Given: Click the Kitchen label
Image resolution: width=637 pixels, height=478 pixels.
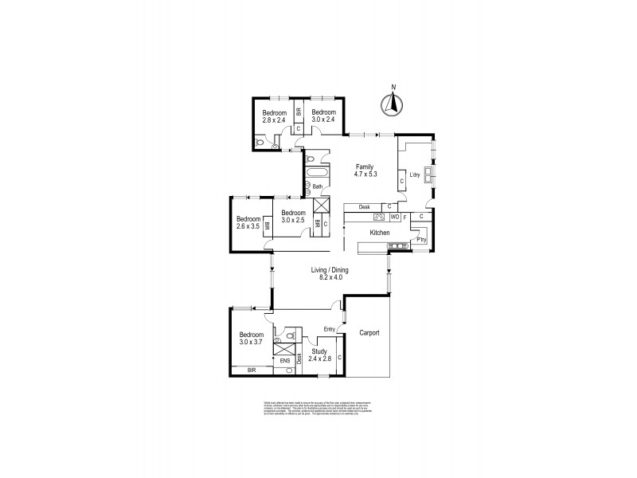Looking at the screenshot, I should (x=379, y=233).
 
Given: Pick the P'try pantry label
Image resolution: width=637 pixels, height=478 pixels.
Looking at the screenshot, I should (x=421, y=240).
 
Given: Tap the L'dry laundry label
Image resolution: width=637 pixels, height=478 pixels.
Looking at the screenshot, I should (x=414, y=174).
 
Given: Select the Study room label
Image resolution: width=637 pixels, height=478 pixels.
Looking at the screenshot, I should (x=319, y=351).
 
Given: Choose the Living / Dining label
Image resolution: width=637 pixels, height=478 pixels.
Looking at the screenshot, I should (x=330, y=271).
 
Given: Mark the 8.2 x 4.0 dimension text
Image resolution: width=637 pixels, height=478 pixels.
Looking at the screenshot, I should (x=330, y=280).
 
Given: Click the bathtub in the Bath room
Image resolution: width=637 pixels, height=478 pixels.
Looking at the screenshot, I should (x=318, y=173).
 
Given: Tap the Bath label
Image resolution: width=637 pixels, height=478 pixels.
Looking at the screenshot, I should (x=316, y=187).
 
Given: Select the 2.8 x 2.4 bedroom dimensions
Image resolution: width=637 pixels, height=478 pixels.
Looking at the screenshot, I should (x=274, y=121).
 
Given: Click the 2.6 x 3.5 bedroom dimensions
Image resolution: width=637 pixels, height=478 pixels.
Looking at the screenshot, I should (x=248, y=227).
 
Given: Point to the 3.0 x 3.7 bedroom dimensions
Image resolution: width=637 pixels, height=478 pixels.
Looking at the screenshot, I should (x=251, y=343).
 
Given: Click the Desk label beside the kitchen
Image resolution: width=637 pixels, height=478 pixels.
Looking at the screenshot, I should (x=364, y=208).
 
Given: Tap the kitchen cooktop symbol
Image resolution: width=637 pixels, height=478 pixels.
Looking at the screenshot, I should (x=380, y=216).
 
